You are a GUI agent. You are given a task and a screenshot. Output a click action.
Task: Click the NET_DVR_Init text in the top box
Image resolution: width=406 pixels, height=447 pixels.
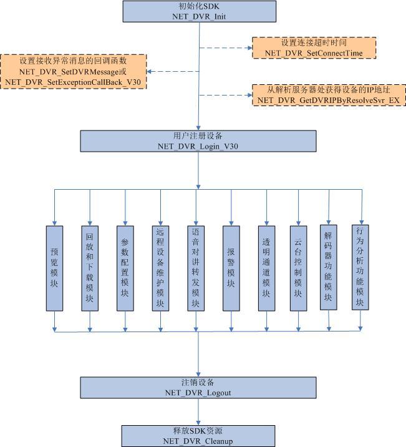coord(199,16)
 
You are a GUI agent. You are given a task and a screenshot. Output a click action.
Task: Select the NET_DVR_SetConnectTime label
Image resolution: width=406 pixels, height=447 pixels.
coord(314,53)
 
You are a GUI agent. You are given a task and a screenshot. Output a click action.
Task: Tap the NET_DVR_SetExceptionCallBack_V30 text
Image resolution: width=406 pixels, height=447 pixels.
coord(73,82)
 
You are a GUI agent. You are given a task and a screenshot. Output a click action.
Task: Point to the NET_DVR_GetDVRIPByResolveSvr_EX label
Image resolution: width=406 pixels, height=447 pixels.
coord(329,101)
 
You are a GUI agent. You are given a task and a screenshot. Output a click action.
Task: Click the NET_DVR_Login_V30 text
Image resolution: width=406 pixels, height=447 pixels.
coord(198,146)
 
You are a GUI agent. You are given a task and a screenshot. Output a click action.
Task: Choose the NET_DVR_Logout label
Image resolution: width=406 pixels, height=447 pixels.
coord(198,393)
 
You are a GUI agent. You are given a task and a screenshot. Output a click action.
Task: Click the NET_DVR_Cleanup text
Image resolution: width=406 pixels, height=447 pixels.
coord(198,441)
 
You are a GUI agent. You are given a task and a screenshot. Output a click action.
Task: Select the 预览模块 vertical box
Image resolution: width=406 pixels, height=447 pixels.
coord(54,268)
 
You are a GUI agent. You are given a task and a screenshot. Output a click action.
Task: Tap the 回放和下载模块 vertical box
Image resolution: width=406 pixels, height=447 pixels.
coord(90,268)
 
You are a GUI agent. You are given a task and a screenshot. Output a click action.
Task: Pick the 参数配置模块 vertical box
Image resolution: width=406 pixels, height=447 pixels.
coord(125,268)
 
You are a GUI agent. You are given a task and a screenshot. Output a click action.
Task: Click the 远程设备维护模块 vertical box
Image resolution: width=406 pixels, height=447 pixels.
coord(160,268)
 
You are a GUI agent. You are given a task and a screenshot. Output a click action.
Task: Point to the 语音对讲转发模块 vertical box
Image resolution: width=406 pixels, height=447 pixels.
coord(196,268)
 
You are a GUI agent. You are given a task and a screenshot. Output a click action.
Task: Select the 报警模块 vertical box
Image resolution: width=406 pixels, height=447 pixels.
coord(231,268)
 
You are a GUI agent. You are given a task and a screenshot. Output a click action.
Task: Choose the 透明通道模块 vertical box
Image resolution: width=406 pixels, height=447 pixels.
coord(266,268)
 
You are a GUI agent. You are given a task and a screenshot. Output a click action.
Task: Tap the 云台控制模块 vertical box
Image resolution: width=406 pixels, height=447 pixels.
coord(298,268)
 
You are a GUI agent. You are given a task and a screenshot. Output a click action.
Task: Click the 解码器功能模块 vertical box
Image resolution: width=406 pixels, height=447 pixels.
coord(328,267)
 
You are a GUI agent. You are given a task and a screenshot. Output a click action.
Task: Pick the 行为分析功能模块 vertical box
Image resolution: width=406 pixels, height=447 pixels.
coord(360,267)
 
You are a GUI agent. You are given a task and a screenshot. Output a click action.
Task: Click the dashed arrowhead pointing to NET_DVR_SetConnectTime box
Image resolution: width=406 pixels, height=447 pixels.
coord(250,48)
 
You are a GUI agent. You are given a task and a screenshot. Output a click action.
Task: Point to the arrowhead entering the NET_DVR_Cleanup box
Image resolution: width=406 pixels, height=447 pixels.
coord(198,423)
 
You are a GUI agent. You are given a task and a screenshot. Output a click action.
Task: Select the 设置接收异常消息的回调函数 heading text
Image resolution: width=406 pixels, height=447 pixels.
coord(73,61)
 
